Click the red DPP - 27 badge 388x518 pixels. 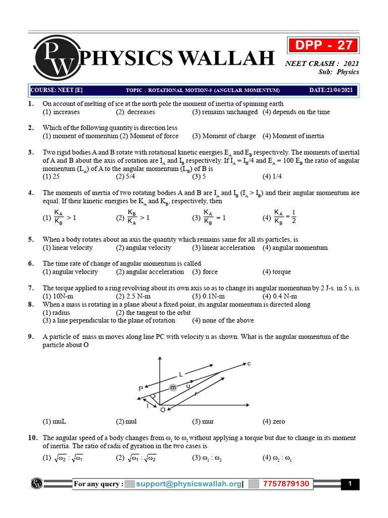(323, 45)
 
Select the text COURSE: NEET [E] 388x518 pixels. (57, 90)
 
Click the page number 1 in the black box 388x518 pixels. (350, 484)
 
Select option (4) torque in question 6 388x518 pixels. (277, 272)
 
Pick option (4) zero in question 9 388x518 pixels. (274, 421)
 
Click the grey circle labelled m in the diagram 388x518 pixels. (173, 387)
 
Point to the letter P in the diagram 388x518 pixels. (140, 388)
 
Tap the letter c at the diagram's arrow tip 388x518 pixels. (249, 364)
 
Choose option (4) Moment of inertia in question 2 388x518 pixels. (294, 136)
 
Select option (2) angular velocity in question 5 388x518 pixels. (143, 247)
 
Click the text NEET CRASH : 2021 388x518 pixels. (322, 63)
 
